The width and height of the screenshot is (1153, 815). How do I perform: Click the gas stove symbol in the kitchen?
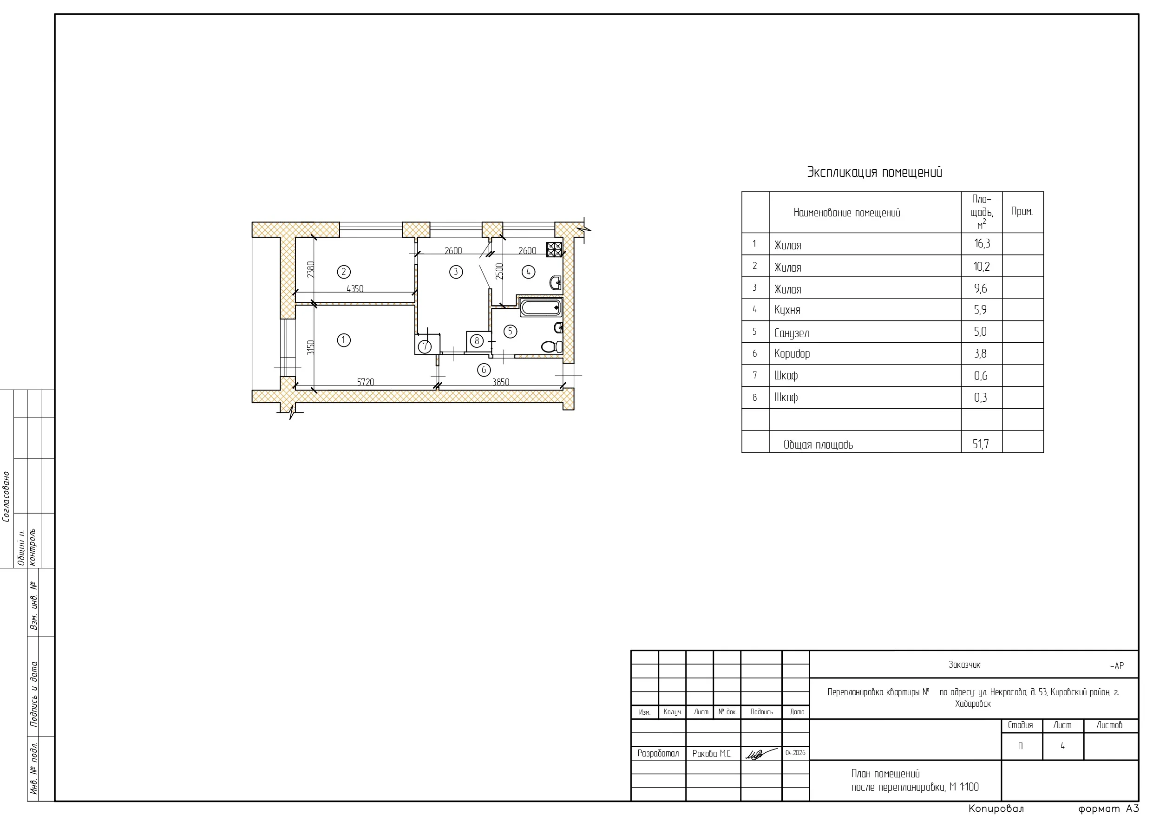(x=554, y=249)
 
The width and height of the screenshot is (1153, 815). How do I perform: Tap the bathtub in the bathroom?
(x=540, y=307)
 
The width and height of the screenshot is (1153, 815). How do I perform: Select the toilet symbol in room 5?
(x=552, y=346)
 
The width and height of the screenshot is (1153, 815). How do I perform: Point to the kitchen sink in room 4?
(x=556, y=283)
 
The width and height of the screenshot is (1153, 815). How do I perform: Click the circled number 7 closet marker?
(x=425, y=346)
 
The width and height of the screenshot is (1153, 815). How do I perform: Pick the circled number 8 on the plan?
(x=477, y=341)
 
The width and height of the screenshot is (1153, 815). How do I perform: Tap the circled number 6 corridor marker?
(x=484, y=370)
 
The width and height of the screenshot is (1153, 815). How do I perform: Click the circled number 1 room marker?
(x=343, y=340)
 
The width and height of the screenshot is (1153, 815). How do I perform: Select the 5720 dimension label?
(x=366, y=382)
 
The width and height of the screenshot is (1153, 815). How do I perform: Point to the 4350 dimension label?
(x=355, y=289)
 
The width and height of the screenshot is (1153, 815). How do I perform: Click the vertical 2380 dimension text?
(x=311, y=270)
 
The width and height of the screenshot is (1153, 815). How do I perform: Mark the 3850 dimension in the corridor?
(x=501, y=382)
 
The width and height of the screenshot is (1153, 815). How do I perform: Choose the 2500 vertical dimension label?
(x=499, y=272)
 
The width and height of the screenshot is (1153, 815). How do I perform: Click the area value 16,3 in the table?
(x=982, y=244)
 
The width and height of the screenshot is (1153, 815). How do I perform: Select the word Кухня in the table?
(x=787, y=310)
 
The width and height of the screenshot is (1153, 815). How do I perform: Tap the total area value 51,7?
(x=981, y=444)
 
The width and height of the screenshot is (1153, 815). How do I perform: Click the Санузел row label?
(x=792, y=333)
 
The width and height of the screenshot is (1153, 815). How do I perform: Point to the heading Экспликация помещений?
(x=874, y=172)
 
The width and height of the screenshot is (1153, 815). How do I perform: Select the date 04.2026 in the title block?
(x=795, y=753)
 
